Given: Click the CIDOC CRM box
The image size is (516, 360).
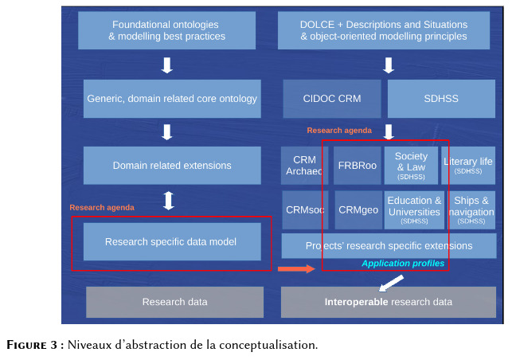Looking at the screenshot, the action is coord(332,99).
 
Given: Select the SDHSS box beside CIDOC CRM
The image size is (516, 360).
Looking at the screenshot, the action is coord(441,99).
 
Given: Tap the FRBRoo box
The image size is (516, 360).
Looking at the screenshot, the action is coord(358,165).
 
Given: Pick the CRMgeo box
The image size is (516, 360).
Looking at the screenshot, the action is coord(358,210).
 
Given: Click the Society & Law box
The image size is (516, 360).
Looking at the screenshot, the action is coord(411,165).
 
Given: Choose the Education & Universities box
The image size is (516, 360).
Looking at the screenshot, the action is coord(414,210).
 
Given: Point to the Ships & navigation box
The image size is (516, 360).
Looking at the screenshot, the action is coord(471,210).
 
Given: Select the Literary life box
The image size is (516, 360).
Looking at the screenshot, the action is coord(468,165).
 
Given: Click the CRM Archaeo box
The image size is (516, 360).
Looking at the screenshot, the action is coord(304,165).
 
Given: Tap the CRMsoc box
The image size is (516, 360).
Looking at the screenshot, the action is coord(305,210).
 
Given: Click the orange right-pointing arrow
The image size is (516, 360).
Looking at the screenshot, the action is coord(296,269).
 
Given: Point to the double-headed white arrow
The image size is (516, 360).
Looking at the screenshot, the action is coord(169,201).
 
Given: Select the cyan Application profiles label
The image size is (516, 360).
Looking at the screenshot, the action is coord(403,264).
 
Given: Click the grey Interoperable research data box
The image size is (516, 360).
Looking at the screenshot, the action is coord(389,302).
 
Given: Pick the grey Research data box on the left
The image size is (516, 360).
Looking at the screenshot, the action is coord(174,302).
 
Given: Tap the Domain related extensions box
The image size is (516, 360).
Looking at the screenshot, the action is coord(172,165).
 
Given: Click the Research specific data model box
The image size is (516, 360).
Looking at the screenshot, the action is coord(172,242).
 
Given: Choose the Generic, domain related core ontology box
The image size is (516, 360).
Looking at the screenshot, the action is coord(172,99).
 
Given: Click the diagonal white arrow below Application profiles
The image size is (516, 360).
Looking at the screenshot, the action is coord(392,283).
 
